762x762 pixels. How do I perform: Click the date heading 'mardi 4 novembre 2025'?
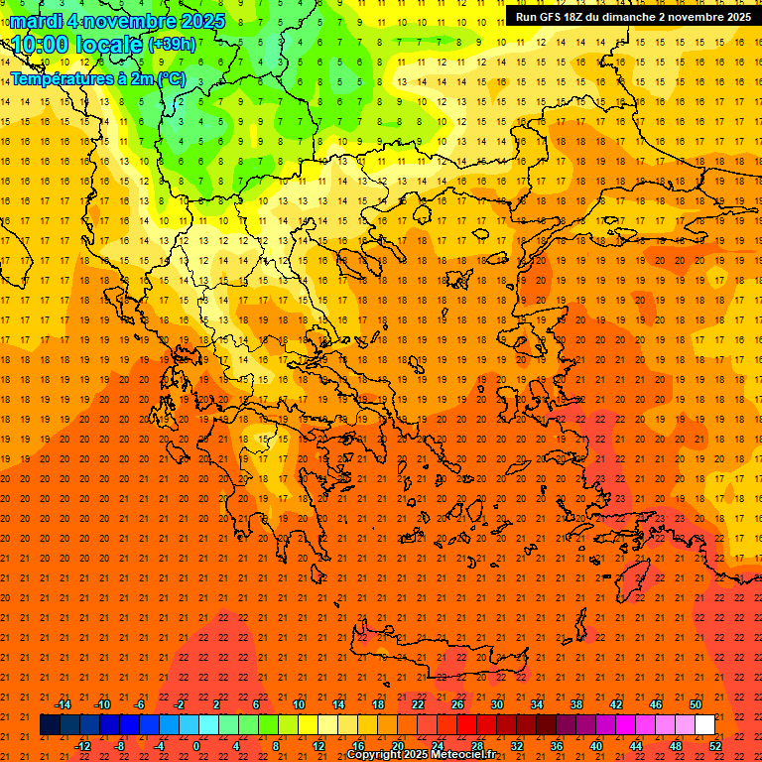click(x=117, y=21)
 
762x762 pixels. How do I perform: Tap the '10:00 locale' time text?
click(x=76, y=45)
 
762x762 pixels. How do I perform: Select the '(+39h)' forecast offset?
click(x=172, y=45)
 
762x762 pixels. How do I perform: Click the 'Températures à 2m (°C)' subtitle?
click(x=97, y=78)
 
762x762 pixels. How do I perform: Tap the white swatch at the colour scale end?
click(x=705, y=725)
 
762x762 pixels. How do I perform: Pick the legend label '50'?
click(x=696, y=704)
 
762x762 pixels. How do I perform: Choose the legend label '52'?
click(x=715, y=746)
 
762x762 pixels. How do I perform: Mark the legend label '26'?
click(x=457, y=704)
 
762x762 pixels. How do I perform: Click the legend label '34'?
click(x=537, y=704)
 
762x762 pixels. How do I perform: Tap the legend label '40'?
click(x=596, y=746)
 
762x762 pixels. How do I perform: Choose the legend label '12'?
click(x=318, y=746)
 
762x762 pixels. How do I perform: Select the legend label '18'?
click(x=378, y=704)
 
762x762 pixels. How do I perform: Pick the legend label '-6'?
click(x=141, y=704)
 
